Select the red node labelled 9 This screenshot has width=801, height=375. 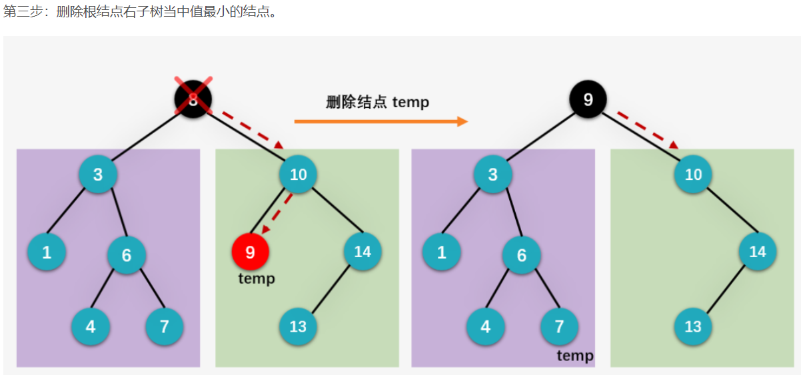[250, 251]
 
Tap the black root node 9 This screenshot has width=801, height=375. [588, 100]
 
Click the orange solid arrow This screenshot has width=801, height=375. [381, 121]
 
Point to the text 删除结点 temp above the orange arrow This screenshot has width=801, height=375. [377, 102]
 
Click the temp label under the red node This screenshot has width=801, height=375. [257, 278]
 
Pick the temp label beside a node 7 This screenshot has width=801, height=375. [575, 356]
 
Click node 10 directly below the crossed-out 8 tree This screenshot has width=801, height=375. [298, 175]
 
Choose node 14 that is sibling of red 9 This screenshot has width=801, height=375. [363, 251]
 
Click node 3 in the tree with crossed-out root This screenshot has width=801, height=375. [98, 175]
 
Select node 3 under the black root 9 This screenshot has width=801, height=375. [493, 175]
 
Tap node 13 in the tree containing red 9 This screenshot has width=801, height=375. [298, 326]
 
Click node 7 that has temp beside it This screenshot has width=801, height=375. [558, 326]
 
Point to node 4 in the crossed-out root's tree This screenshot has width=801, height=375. [91, 326]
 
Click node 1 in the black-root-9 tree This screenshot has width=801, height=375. [441, 252]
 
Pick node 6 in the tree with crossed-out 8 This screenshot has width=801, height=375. [127, 254]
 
